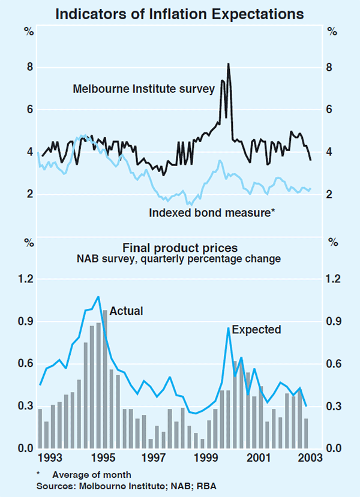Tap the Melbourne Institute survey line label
coord(143,89)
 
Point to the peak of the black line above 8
coord(228,64)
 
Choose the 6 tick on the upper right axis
coord(331,110)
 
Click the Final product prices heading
coord(180,248)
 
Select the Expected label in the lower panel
coord(256,329)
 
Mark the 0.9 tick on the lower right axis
coord(334,322)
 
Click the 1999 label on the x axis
coord(206,459)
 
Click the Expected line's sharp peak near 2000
coord(228,328)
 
